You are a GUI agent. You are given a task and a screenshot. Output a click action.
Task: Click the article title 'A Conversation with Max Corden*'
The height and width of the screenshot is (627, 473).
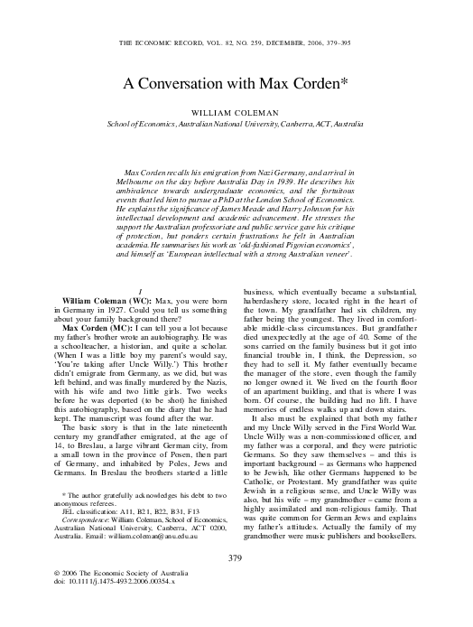236,82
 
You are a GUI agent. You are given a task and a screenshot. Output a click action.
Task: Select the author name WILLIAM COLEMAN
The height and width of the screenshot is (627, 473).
236,112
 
